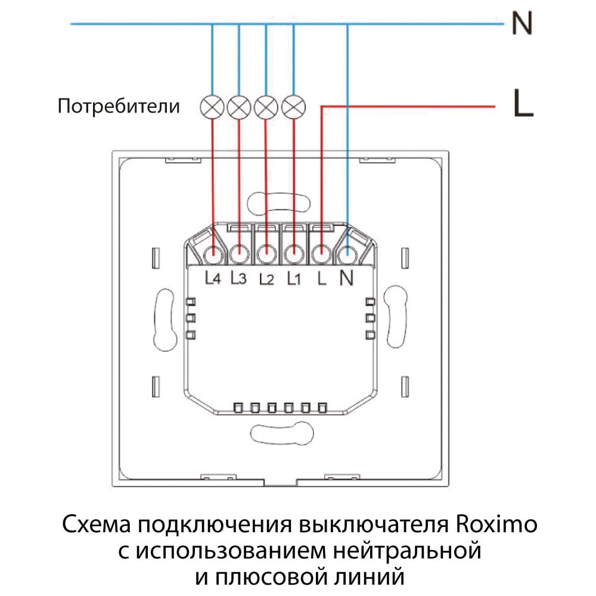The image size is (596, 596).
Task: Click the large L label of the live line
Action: click(x=523, y=103)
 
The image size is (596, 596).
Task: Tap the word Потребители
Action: click(x=119, y=106)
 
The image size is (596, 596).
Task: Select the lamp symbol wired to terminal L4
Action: click(x=212, y=107)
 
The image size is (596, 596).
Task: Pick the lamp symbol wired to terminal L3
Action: click(x=239, y=107)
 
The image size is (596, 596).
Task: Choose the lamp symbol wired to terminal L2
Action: click(x=266, y=107)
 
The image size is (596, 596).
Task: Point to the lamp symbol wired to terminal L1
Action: click(x=293, y=107)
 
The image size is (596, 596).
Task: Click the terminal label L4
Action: click(x=213, y=278)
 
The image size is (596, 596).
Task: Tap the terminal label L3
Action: click(x=239, y=278)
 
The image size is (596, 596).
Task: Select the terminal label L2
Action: click(x=266, y=278)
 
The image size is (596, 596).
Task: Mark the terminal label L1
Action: click(x=294, y=278)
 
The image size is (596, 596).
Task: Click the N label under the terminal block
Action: click(x=346, y=278)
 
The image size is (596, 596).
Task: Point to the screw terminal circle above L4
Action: click(x=213, y=253)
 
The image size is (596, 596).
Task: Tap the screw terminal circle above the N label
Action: click(x=347, y=253)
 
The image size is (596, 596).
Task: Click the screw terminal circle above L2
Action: click(x=267, y=253)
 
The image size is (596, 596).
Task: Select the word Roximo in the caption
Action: click(x=496, y=524)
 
